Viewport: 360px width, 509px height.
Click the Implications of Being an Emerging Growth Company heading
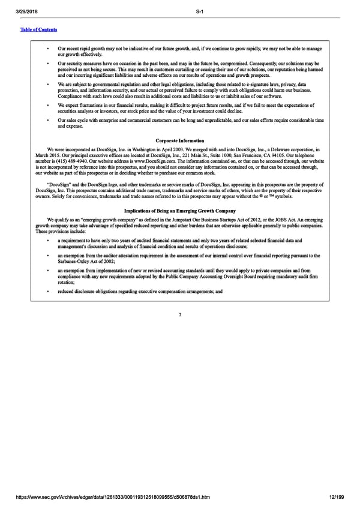click(180, 211)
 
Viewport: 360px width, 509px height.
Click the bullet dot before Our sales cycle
click(48, 120)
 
